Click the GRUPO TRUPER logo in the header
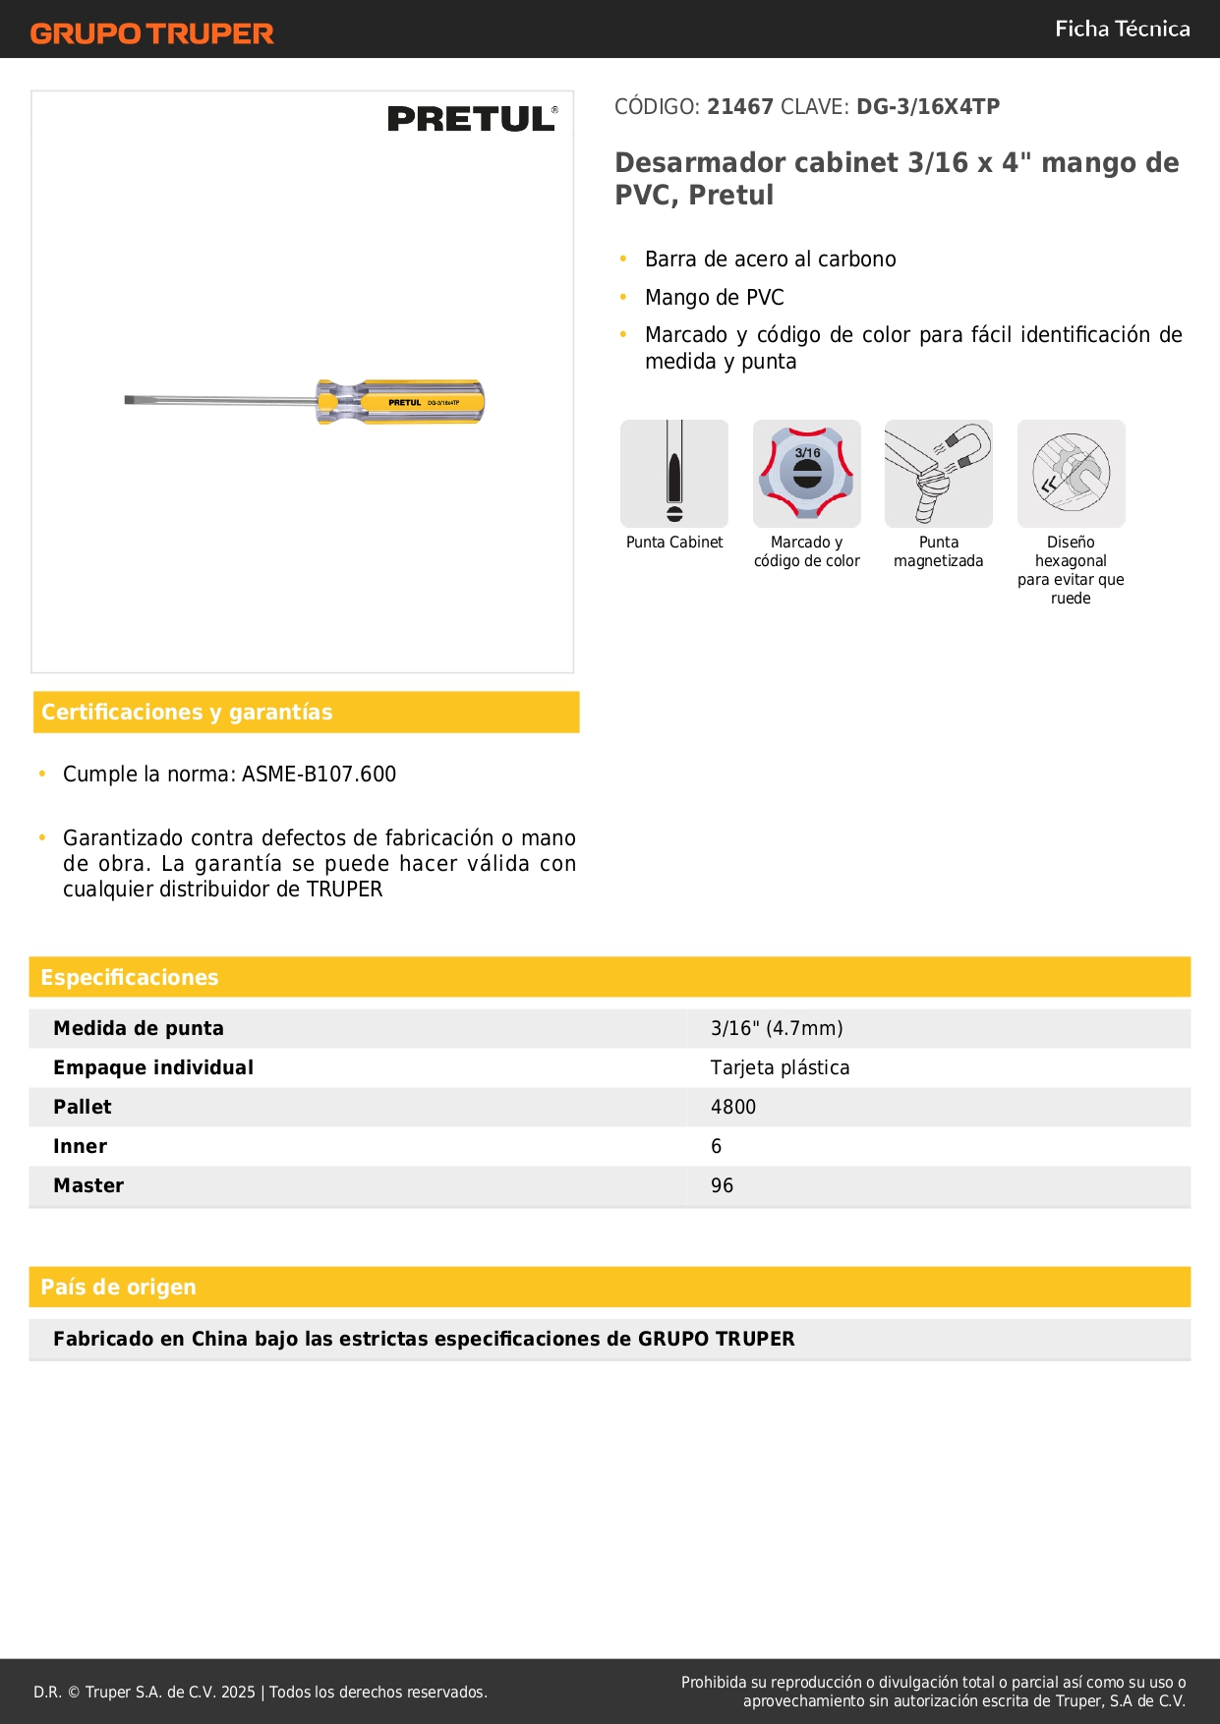click(151, 33)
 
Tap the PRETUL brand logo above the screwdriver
click(472, 119)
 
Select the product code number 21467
click(740, 107)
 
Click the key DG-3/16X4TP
click(927, 107)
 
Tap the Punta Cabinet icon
click(674, 474)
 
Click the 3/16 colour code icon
click(806, 474)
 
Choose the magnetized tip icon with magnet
click(938, 474)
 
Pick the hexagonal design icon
click(1071, 474)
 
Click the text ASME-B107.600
click(319, 775)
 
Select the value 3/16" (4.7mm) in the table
click(777, 1028)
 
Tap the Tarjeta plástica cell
click(780, 1067)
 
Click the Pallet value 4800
click(733, 1107)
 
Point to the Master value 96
click(722, 1185)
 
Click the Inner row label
click(81, 1146)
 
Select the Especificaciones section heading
click(130, 977)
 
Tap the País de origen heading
click(118, 1287)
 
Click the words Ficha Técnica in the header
click(1122, 29)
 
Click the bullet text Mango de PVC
click(715, 298)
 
